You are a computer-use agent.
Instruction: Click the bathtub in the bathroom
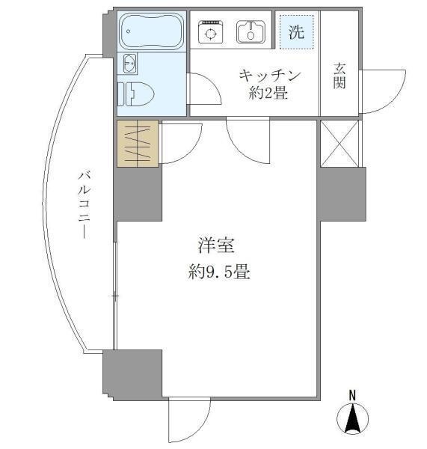point(152,32)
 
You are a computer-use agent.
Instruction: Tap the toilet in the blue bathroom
point(139,94)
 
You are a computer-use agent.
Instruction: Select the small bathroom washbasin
point(129,64)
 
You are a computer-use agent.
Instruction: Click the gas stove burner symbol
point(210,33)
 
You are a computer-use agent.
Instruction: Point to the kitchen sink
point(250,32)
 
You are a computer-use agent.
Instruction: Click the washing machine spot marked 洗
point(296,33)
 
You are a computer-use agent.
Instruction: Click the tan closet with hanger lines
point(138,144)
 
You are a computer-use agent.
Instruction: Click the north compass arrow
point(352,420)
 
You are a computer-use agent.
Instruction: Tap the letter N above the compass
point(352,394)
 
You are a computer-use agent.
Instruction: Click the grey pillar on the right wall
point(341,195)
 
